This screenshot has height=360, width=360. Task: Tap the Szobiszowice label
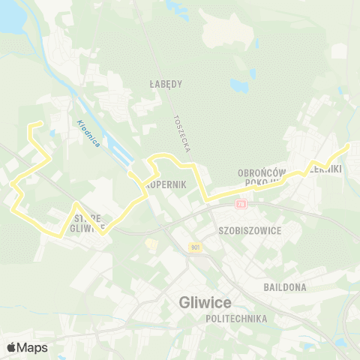tap(248, 230)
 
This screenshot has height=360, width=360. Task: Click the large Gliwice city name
tap(205, 302)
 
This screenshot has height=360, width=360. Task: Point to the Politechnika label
tap(236, 318)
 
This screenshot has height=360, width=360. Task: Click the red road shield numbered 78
tap(240, 203)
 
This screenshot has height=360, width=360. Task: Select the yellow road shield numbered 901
tap(196, 247)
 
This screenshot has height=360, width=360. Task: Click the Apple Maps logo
tap(27, 347)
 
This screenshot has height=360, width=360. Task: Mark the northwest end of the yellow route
tap(38, 121)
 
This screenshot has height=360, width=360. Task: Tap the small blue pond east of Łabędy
tap(240, 86)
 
